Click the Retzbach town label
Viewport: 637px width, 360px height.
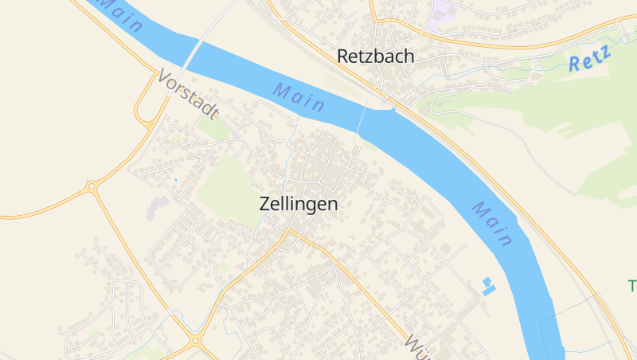(x=376, y=57)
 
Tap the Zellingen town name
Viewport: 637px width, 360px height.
(x=299, y=204)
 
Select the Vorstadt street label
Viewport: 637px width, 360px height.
(x=188, y=95)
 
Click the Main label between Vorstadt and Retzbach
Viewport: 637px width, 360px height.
(x=299, y=96)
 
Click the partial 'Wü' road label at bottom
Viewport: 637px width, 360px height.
(x=420, y=346)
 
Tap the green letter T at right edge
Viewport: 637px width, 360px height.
(x=632, y=285)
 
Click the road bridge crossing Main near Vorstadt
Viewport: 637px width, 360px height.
(x=191, y=53)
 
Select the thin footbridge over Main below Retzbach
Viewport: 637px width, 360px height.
(x=361, y=120)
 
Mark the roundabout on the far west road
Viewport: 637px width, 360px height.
(x=92, y=186)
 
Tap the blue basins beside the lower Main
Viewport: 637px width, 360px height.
(x=487, y=286)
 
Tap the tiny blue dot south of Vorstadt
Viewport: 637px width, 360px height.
(x=175, y=180)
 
